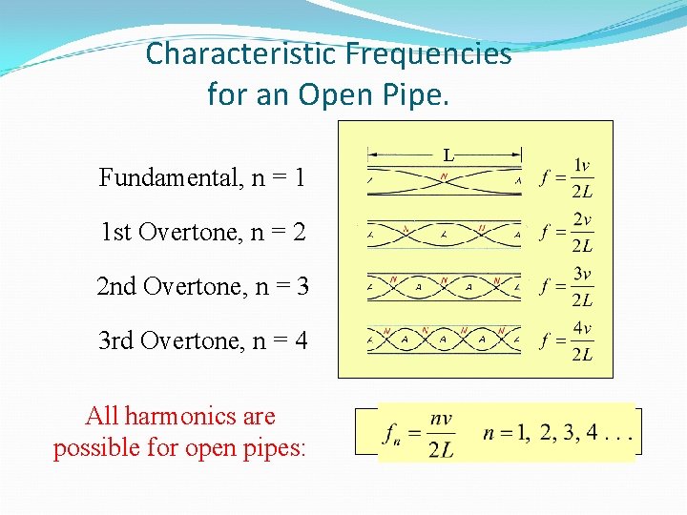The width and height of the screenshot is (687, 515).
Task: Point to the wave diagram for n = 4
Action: [x=445, y=338]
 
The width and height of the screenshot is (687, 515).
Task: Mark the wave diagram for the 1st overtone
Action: [x=445, y=232]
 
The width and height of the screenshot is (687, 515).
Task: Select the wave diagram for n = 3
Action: [x=445, y=284]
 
